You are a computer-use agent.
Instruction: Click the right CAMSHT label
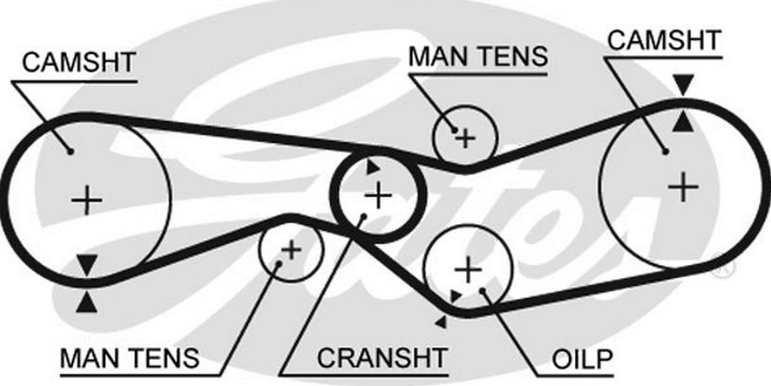click(663, 40)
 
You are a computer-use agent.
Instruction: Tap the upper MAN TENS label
click(477, 57)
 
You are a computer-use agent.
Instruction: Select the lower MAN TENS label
click(130, 360)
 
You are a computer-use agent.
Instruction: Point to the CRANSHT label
click(382, 360)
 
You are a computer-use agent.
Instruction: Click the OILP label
click(583, 360)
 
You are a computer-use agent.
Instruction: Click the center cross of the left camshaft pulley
click(87, 200)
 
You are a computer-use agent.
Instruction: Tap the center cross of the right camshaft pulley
click(682, 185)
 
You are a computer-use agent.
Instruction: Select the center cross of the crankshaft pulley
click(378, 195)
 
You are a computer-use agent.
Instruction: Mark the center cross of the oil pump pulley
click(468, 269)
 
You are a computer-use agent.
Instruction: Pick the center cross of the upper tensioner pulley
click(465, 138)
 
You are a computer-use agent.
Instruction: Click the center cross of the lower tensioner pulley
click(291, 250)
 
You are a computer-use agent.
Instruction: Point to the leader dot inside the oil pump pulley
click(485, 289)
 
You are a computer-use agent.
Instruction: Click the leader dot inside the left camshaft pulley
click(69, 149)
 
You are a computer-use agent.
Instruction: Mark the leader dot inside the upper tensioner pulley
click(456, 129)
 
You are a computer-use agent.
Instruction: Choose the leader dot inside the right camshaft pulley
click(665, 150)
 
